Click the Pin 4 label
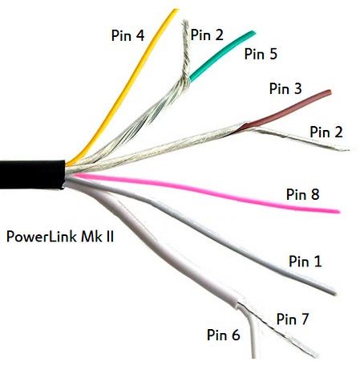127,35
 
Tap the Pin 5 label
261,54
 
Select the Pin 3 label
285,88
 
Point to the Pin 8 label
302,194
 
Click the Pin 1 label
305,261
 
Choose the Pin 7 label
293,319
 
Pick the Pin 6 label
224,335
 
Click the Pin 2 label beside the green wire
207,35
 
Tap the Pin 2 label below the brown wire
326,132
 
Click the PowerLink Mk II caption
60,237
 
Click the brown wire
286,110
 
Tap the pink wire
206,190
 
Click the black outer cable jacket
32,175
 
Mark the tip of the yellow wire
176,10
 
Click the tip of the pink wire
338,212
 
